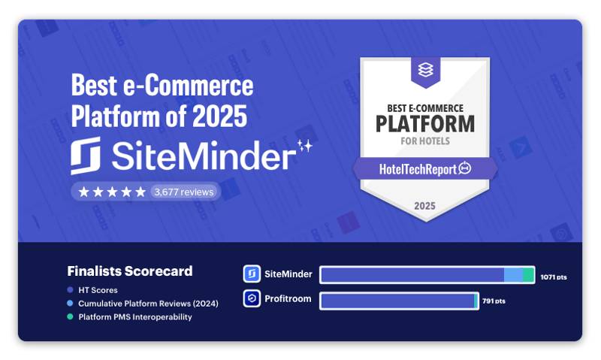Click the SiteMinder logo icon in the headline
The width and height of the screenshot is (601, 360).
86,156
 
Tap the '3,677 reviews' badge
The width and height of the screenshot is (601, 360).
183,192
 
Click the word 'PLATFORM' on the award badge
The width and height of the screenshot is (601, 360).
425,124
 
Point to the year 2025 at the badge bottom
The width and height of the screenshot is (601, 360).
424,206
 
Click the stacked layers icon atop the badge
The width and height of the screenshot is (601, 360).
425,70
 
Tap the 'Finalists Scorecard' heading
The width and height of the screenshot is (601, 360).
130,271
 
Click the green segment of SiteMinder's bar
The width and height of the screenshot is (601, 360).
529,275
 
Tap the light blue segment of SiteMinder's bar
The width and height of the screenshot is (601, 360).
514,275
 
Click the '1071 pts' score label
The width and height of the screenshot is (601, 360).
554,277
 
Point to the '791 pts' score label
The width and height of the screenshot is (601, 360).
494,301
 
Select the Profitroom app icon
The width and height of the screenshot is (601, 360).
252,298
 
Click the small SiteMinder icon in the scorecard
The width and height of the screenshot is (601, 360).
252,274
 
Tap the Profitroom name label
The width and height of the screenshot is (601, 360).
288,298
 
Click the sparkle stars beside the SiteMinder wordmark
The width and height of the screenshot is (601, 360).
305,146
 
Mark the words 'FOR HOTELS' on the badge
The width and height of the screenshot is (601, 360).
425,141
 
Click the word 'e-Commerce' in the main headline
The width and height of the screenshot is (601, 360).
189,85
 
